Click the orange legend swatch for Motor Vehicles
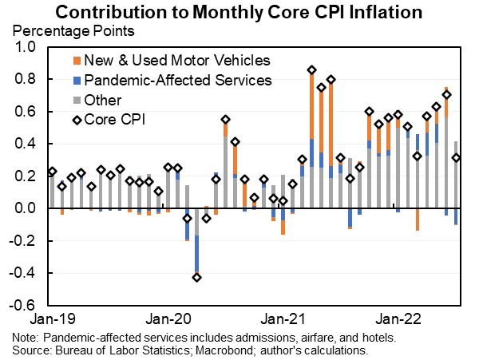[76, 61]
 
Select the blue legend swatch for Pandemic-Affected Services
[76, 81]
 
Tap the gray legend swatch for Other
[76, 101]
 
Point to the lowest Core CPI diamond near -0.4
[196, 277]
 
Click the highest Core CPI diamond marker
[311, 70]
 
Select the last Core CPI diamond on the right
[456, 158]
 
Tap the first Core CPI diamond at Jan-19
[53, 172]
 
